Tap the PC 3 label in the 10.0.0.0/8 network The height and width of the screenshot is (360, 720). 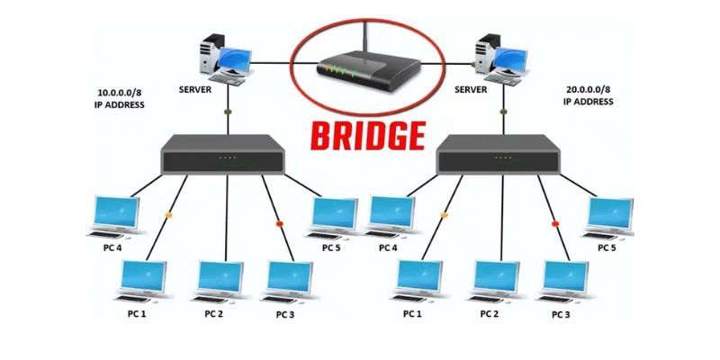point(286,314)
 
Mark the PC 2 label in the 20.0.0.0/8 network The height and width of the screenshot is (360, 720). point(490,314)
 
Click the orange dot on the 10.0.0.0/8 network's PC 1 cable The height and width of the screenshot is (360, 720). point(168,215)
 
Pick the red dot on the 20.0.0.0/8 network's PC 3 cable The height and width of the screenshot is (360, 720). point(556,222)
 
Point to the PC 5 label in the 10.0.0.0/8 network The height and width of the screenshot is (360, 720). point(331,247)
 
